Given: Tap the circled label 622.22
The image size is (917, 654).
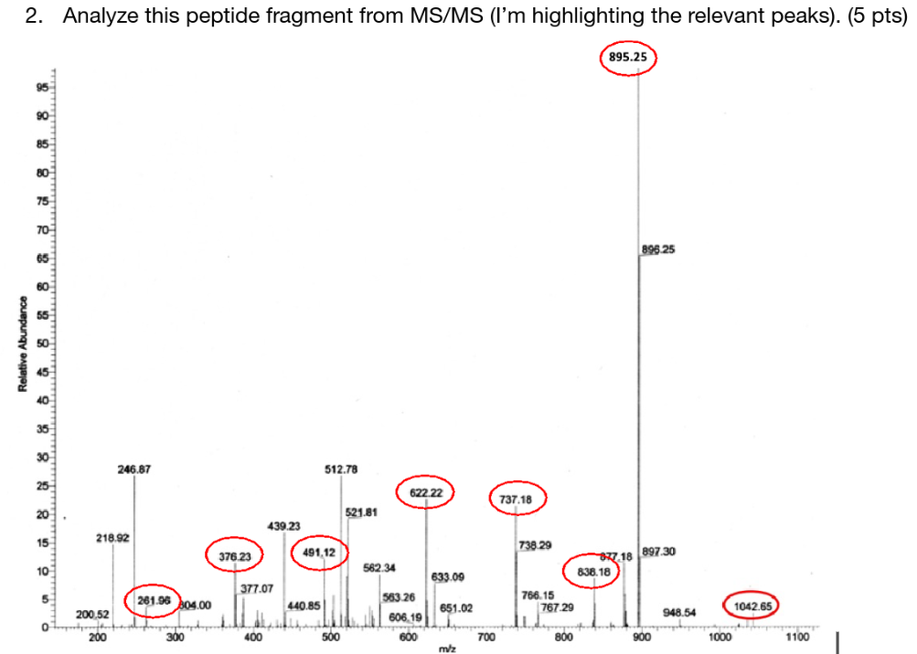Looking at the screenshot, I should point(426,492).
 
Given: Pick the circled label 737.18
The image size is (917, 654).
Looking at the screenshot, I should point(517,500).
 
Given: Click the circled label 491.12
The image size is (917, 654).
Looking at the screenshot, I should point(319,553).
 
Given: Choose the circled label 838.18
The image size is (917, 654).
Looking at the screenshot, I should point(591,571).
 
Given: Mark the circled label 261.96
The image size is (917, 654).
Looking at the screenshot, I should point(153,599).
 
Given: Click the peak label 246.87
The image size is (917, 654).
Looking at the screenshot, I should point(134,469).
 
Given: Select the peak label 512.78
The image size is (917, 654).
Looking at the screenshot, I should point(341,469).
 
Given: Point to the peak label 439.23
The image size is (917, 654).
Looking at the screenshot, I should point(284,526).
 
